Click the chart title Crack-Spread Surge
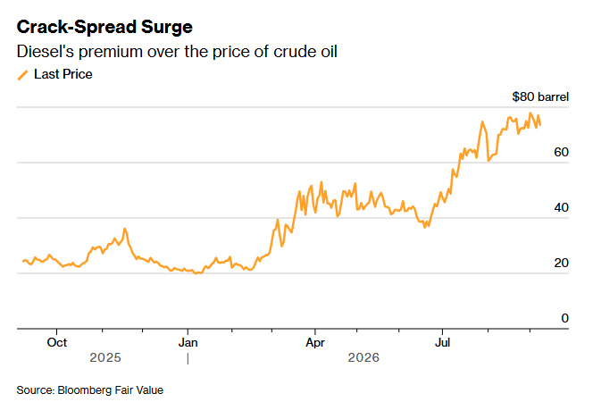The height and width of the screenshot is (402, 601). (104, 27)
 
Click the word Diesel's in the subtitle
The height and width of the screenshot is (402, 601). (45, 52)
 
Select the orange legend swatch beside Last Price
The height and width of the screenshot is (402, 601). (23, 75)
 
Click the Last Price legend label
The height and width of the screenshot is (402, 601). (63, 74)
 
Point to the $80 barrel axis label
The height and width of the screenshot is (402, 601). (540, 96)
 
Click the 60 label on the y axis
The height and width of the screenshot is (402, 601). (561, 152)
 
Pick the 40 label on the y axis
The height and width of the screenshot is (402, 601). (561, 207)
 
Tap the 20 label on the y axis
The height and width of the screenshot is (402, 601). (561, 264)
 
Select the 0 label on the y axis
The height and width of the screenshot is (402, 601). (564, 318)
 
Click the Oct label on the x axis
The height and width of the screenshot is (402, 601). (57, 342)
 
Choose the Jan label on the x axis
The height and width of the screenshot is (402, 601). (188, 342)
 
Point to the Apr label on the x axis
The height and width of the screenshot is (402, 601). (315, 342)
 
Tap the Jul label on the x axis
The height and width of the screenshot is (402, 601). (442, 342)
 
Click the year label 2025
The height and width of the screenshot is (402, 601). (105, 357)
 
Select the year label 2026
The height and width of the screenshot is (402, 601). (363, 357)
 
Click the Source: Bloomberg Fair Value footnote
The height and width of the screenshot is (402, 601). (89, 390)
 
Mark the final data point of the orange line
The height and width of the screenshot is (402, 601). (540, 125)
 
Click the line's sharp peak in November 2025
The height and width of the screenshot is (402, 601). (124, 229)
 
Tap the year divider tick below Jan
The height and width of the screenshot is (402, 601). (188, 359)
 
